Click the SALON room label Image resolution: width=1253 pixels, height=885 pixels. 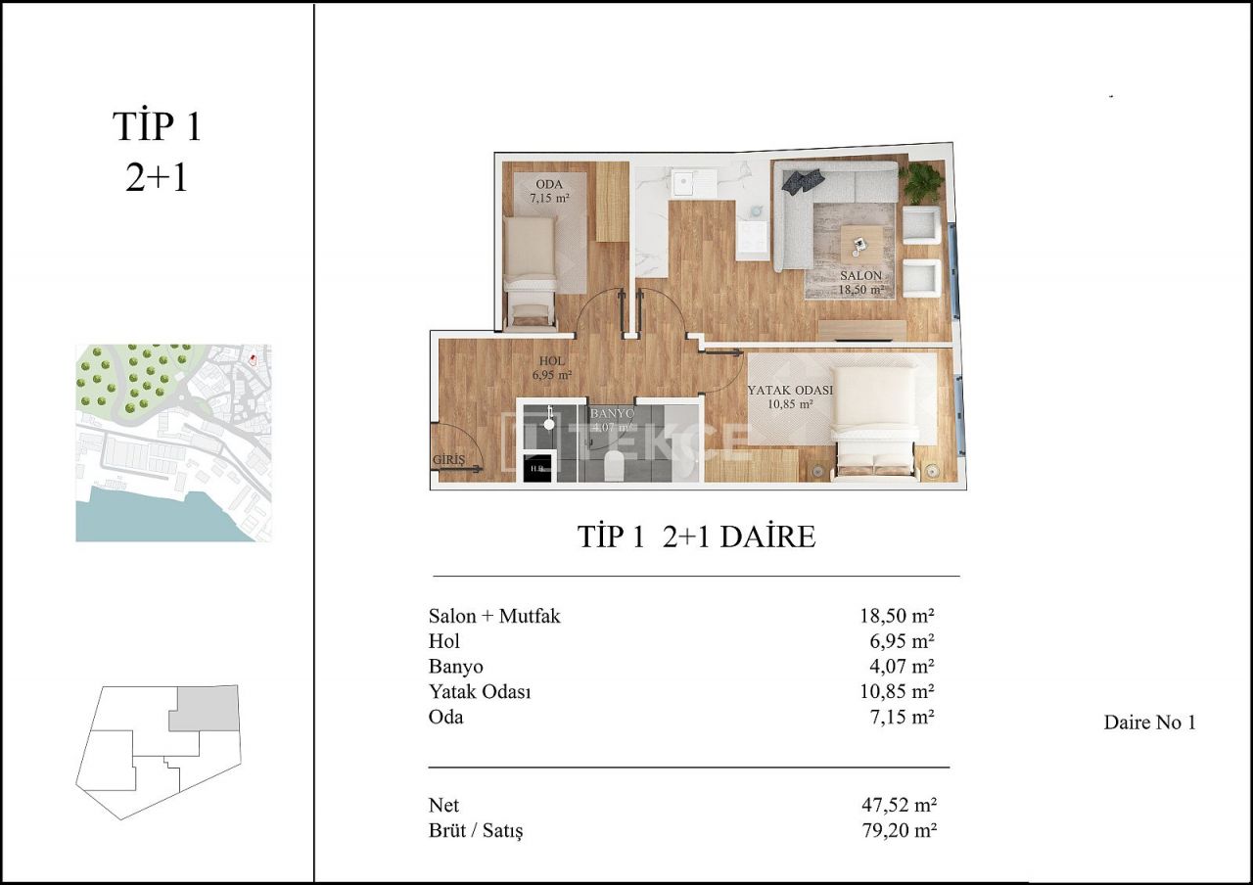coord(860,276)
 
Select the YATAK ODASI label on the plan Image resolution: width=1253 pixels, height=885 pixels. coord(790,390)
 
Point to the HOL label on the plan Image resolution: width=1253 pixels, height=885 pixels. coord(552,359)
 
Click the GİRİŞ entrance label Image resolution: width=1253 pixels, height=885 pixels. coord(448,459)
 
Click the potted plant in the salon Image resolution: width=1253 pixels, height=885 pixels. coord(921,182)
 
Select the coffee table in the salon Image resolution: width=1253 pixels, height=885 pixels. coord(860,242)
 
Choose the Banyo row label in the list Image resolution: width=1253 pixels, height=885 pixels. coord(455,667)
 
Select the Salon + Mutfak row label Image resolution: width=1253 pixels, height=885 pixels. coord(494,616)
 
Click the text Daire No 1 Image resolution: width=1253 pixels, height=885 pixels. coord(1149,722)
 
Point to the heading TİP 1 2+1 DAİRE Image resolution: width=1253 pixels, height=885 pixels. coord(696,536)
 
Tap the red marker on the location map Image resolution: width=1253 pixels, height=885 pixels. coord(254,357)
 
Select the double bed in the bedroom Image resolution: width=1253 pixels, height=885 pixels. coord(873,419)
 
